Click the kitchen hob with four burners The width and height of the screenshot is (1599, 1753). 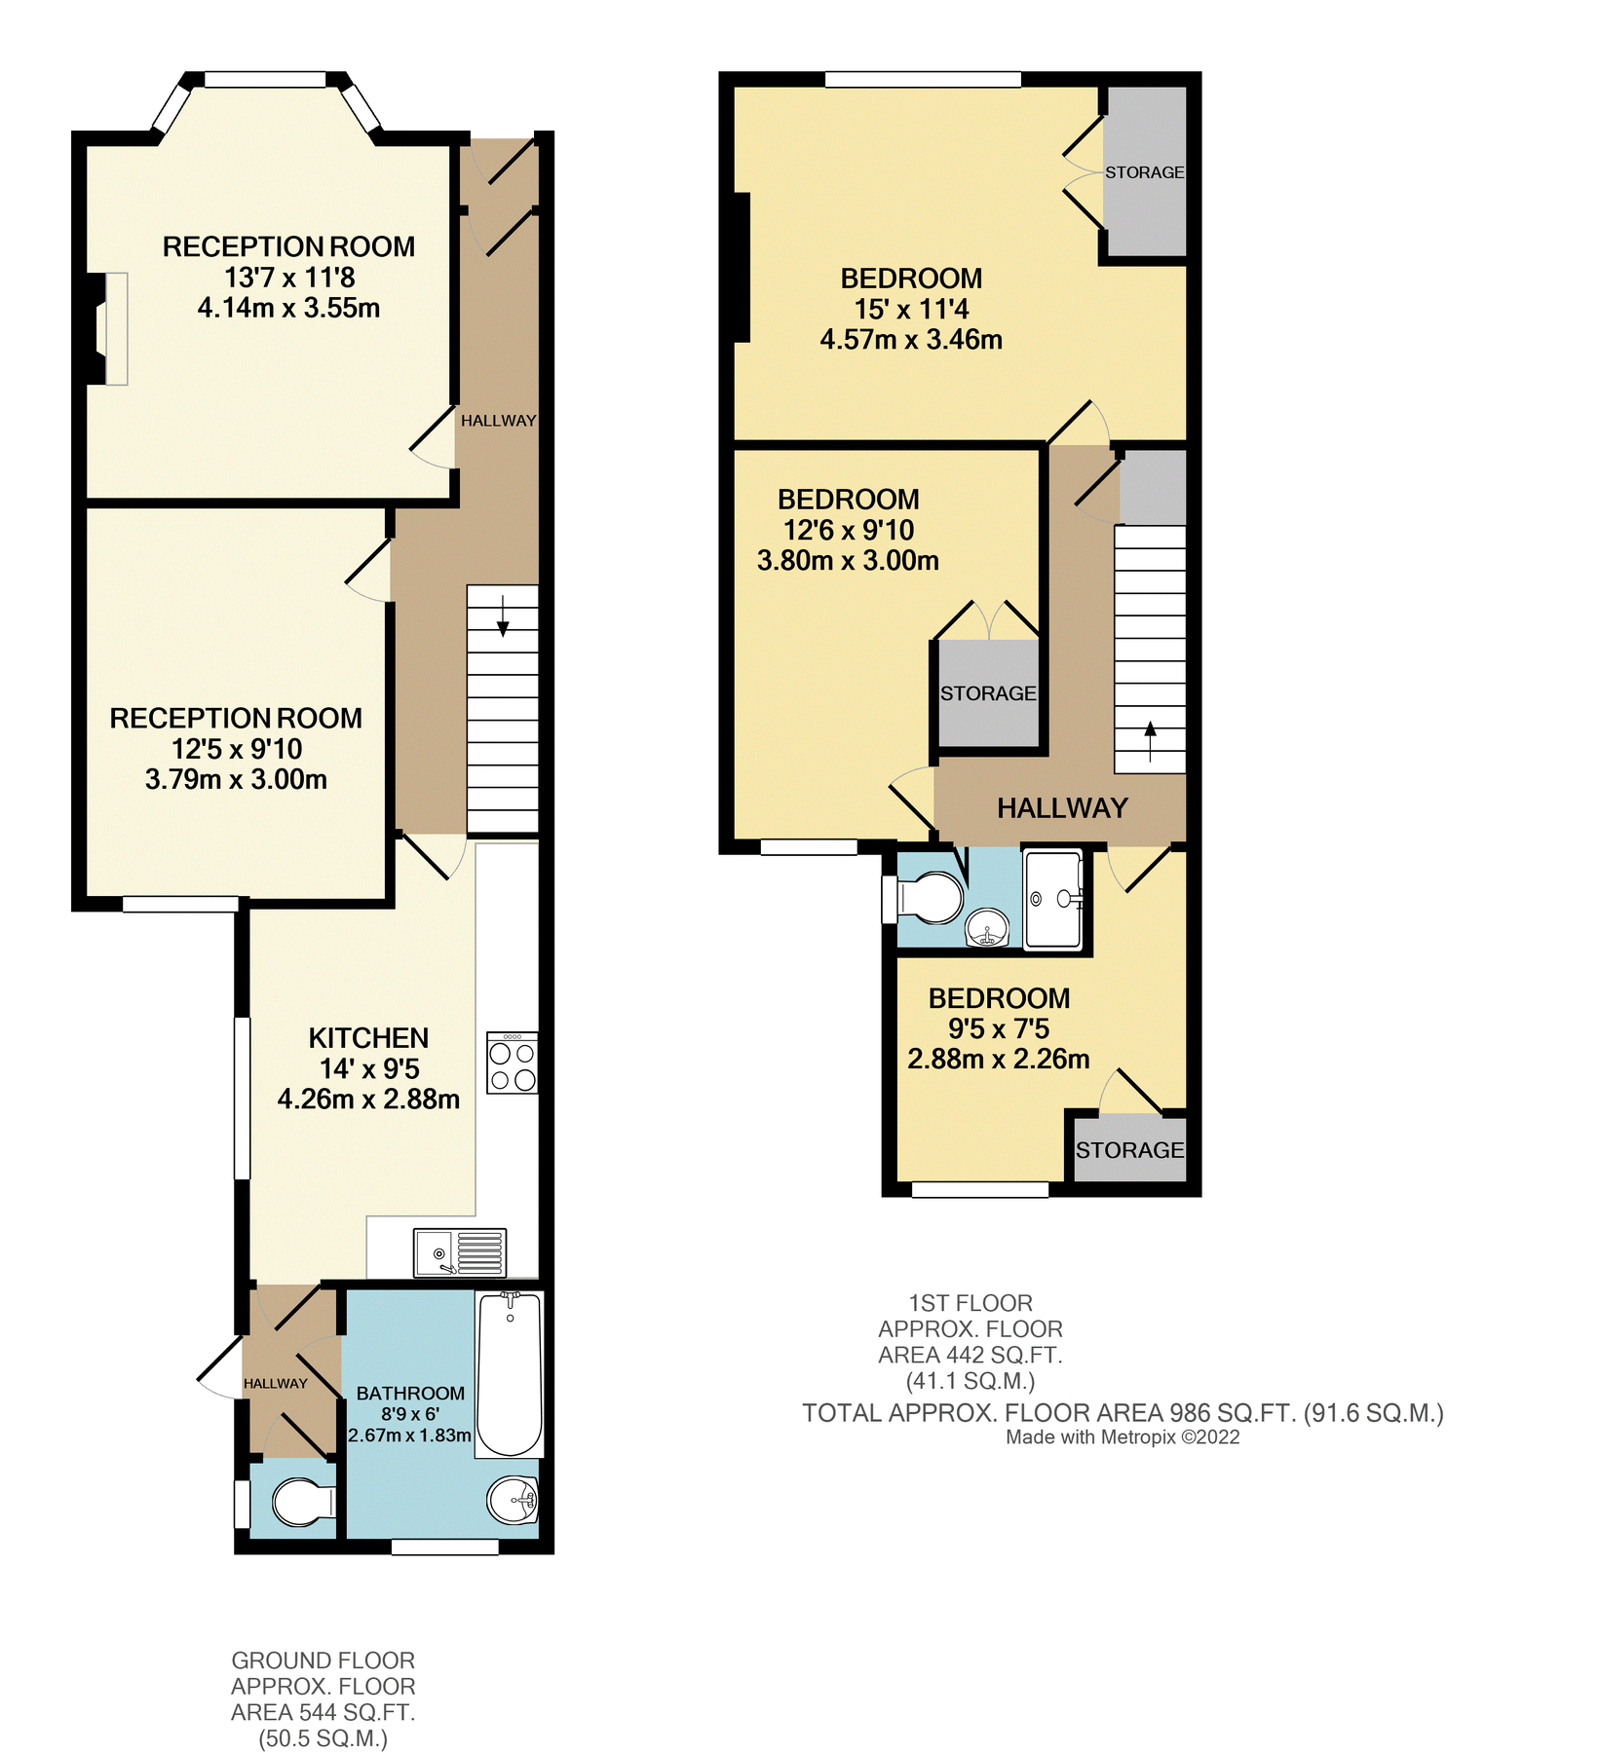pos(513,1063)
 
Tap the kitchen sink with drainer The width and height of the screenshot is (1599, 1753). pos(460,1252)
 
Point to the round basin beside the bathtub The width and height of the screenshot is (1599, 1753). pos(513,1500)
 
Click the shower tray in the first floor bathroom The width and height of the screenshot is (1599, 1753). pos(1053,899)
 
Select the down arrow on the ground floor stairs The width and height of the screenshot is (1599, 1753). pos(503,616)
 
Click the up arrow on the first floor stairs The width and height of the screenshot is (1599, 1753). pos(1151,741)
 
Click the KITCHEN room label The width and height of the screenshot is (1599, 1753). pos(368,1038)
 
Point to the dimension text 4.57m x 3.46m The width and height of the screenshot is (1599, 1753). pos(911,340)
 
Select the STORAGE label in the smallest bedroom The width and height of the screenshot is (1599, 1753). pos(1129,1150)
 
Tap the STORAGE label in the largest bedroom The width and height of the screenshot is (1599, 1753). pos(1144,172)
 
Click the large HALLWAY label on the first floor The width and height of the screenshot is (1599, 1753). pos(1062,808)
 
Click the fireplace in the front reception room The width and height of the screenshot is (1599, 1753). pos(110,329)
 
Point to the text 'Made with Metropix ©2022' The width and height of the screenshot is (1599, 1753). pos(1123,1437)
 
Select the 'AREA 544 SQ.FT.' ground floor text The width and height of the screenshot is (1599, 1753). pos(323,1713)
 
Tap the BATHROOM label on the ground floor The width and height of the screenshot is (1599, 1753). pos(410,1394)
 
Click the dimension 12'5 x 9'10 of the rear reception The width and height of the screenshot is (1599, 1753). pos(237,749)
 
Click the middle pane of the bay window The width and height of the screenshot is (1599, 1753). pos(265,80)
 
